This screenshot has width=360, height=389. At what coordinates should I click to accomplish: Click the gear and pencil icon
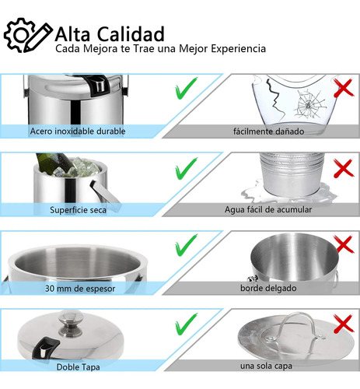28,35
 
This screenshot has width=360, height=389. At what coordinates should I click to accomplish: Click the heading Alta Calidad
110,34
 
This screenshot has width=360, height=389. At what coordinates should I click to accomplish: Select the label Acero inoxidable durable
78,131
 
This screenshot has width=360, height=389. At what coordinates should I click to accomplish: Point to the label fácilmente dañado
268,131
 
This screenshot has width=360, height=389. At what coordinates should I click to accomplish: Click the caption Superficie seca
78,210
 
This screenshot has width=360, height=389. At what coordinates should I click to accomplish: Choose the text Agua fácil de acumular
268,209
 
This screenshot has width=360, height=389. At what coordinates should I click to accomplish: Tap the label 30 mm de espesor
80,289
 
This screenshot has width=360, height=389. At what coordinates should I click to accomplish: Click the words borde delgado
268,288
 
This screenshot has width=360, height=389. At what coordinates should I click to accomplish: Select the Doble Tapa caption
78,367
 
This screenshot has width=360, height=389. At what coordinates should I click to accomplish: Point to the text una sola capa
266,366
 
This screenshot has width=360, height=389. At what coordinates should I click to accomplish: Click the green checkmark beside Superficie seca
186,169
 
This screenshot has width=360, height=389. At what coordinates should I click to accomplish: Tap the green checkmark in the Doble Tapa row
186,324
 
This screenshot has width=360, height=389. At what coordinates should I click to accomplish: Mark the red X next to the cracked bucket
344,88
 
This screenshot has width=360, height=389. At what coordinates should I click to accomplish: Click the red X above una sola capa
344,324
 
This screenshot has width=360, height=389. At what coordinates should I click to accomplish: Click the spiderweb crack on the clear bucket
309,103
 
